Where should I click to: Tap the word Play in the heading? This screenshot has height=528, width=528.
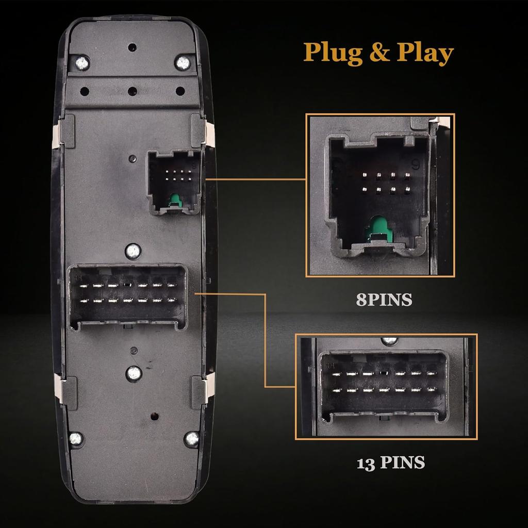pyautogui.click(x=420, y=53)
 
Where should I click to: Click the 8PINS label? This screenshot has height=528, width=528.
pyautogui.click(x=384, y=300)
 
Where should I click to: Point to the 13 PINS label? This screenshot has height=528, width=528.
pyautogui.click(x=391, y=463)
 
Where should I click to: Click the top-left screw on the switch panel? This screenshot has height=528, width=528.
pyautogui.click(x=81, y=63)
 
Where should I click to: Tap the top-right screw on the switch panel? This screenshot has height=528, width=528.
pyautogui.click(x=183, y=63)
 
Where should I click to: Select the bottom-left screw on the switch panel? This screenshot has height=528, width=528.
pyautogui.click(x=76, y=439)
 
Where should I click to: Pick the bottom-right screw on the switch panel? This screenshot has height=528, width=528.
pyautogui.click(x=191, y=439)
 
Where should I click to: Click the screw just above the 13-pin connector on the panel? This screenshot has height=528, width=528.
pyautogui.click(x=133, y=251)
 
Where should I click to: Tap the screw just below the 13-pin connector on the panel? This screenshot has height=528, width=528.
pyautogui.click(x=133, y=372)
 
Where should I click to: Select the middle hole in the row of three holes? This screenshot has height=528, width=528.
pyautogui.click(x=133, y=91)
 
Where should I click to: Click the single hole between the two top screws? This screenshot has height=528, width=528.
pyautogui.click(x=133, y=47)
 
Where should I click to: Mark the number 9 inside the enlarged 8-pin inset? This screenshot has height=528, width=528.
pyautogui.click(x=414, y=164)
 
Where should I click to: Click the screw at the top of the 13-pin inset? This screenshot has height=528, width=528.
pyautogui.click(x=389, y=340)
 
